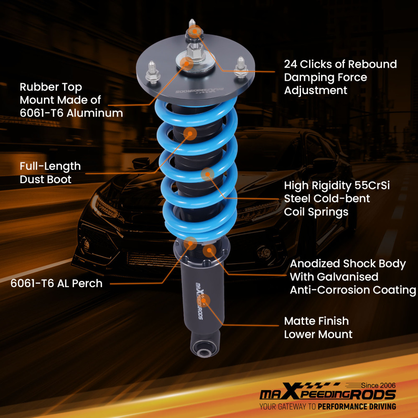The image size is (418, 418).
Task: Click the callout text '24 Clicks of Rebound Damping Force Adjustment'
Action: tap(340, 77)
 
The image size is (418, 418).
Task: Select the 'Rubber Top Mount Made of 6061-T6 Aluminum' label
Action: tap(71, 100)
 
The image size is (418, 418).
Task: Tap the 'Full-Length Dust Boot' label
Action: tap(50, 173)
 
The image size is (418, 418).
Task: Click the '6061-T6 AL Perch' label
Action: tap(56, 283)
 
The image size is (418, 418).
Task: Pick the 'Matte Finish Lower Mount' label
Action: tap(318, 328)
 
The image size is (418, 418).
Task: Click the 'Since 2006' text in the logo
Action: tap(377, 385)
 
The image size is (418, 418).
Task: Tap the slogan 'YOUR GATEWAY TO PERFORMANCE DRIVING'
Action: tap(327, 406)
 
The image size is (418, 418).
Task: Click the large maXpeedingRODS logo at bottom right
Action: tap(327, 394)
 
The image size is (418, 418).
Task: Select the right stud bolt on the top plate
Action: tap(240, 66)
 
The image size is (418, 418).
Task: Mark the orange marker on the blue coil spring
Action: tap(207, 174)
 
